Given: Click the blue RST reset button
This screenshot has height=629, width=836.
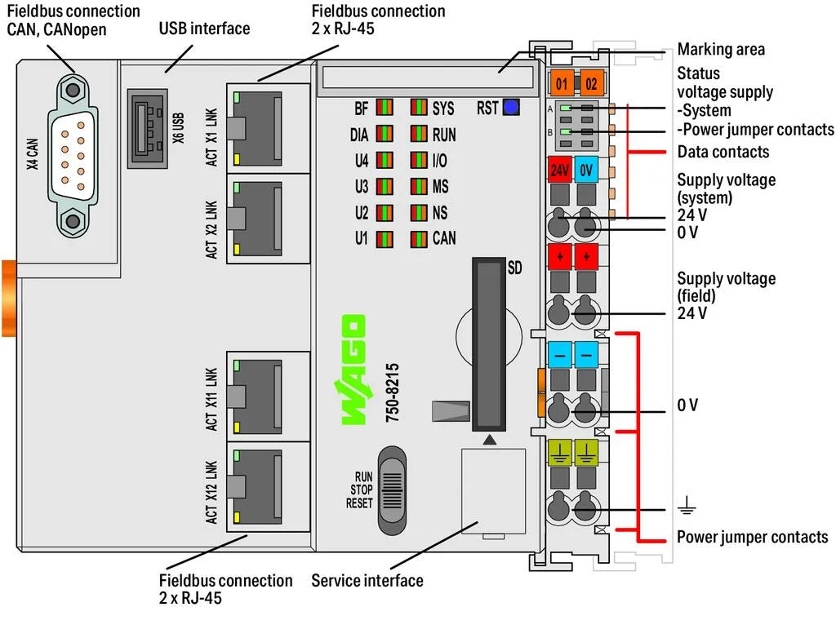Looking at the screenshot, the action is pyautogui.click(x=511, y=108).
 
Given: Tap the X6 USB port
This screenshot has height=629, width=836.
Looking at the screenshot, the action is pyautogui.click(x=148, y=128).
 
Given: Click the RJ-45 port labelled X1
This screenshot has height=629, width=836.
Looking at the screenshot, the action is pyautogui.click(x=257, y=128).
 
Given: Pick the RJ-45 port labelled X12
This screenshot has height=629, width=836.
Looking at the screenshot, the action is pyautogui.click(x=257, y=487).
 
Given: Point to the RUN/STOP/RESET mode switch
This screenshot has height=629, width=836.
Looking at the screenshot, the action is pyautogui.click(x=392, y=490).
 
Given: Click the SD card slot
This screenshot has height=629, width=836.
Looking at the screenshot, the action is pyautogui.click(x=489, y=344).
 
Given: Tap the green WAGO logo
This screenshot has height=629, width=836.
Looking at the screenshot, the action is pyautogui.click(x=353, y=370).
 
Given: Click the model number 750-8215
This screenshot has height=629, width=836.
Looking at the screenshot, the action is pyautogui.click(x=393, y=392).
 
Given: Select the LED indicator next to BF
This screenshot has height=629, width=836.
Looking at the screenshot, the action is pyautogui.click(x=385, y=108).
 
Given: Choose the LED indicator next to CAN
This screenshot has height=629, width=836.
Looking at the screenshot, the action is pyautogui.click(x=419, y=238).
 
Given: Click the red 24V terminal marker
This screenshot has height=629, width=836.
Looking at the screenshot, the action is pyautogui.click(x=559, y=170).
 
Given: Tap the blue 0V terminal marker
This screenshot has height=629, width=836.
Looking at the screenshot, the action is pyautogui.click(x=586, y=170).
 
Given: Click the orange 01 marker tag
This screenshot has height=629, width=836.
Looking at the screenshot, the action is pyautogui.click(x=562, y=83).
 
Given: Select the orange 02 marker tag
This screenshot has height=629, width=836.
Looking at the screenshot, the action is pyautogui.click(x=591, y=83).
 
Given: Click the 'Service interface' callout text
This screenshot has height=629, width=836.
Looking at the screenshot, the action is pyautogui.click(x=367, y=581).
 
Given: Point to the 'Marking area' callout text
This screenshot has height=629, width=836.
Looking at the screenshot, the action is pyautogui.click(x=721, y=50).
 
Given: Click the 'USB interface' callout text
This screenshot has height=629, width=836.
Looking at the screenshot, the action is pyautogui.click(x=204, y=29).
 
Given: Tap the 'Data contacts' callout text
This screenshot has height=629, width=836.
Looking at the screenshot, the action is pyautogui.click(x=723, y=152).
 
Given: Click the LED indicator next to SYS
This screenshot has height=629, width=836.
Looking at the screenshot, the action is pyautogui.click(x=419, y=108).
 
